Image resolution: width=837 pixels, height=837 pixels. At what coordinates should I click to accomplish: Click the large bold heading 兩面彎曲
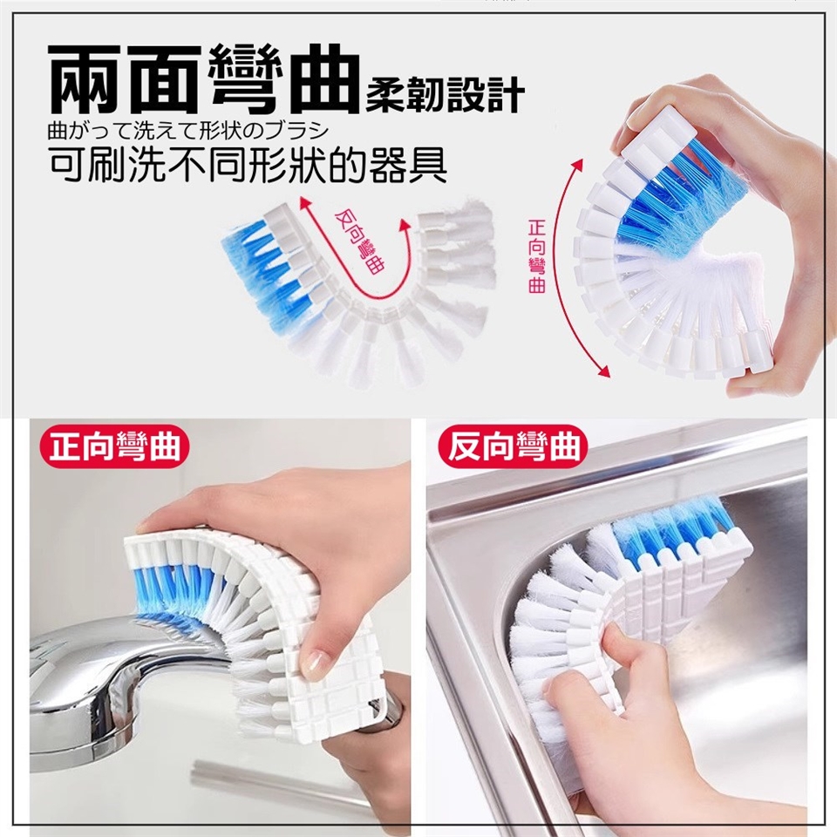coord(203,80)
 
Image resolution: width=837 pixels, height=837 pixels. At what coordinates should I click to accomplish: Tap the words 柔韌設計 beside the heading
coord(445,96)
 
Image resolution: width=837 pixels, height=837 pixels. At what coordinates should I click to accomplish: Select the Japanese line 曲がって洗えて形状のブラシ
coord(187,132)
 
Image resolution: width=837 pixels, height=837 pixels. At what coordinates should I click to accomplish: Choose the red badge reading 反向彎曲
coord(513,447)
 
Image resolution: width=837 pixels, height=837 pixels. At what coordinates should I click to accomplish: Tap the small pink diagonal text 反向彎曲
coord(359,242)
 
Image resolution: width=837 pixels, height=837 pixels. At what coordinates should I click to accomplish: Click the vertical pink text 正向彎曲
coord(536,256)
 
